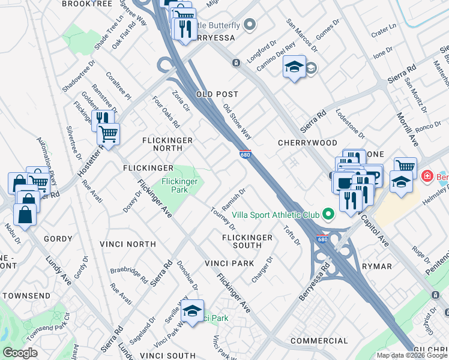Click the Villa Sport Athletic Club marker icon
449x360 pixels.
[x=328, y=214]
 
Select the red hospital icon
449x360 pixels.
[x=427, y=176]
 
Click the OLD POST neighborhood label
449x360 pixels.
[x=217, y=95]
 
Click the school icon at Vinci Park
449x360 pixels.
[x=193, y=311]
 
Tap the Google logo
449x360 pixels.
[x=20, y=353]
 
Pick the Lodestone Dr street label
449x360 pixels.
[x=350, y=122]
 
